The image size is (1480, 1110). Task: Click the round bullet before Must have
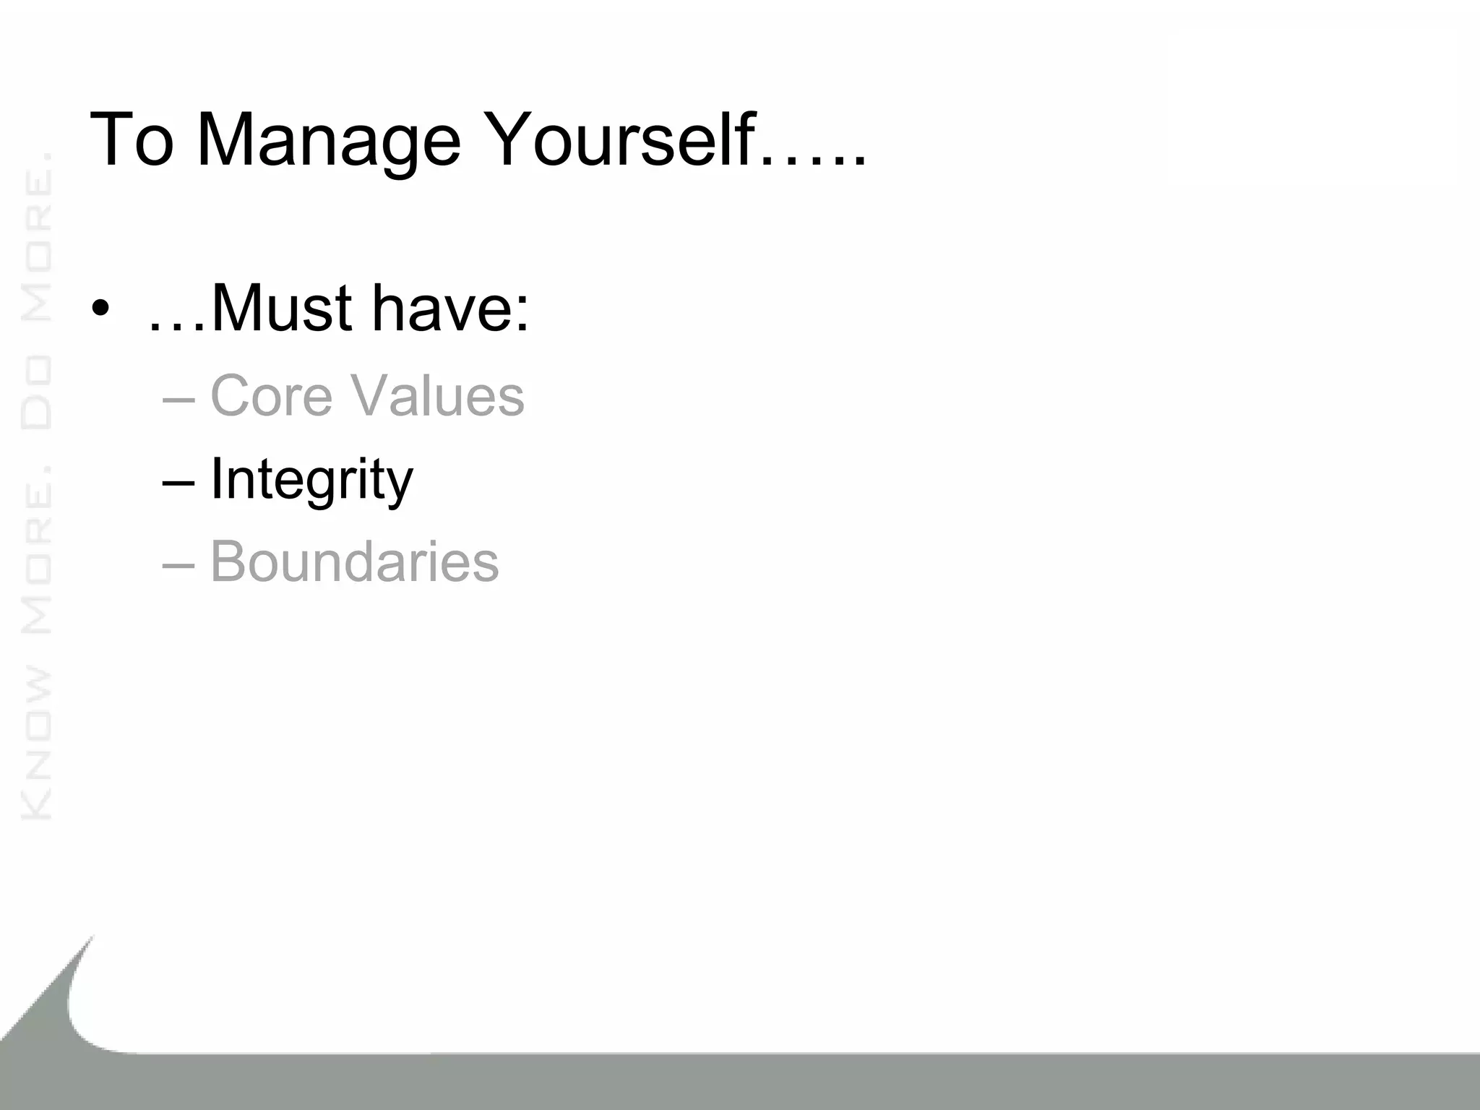tap(100, 310)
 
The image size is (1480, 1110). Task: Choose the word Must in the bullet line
tap(282, 309)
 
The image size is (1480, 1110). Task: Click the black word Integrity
tap(311, 480)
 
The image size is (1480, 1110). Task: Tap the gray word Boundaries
tap(354, 562)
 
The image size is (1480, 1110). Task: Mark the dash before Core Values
tap(178, 400)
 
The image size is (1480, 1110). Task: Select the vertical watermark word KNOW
tap(37, 744)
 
